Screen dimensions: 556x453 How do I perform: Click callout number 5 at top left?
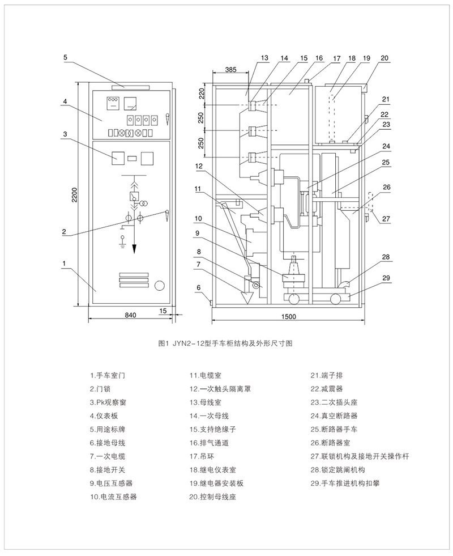pos(66,57)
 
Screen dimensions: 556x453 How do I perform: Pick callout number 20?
pos(384,58)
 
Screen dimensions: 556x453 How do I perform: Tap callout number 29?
pos(386,277)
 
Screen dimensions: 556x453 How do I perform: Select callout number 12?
pos(199,167)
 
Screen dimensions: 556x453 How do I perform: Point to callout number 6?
pos(199,287)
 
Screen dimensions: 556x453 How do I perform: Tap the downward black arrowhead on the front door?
pos(135,249)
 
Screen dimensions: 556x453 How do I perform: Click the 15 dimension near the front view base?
pos(164,311)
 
